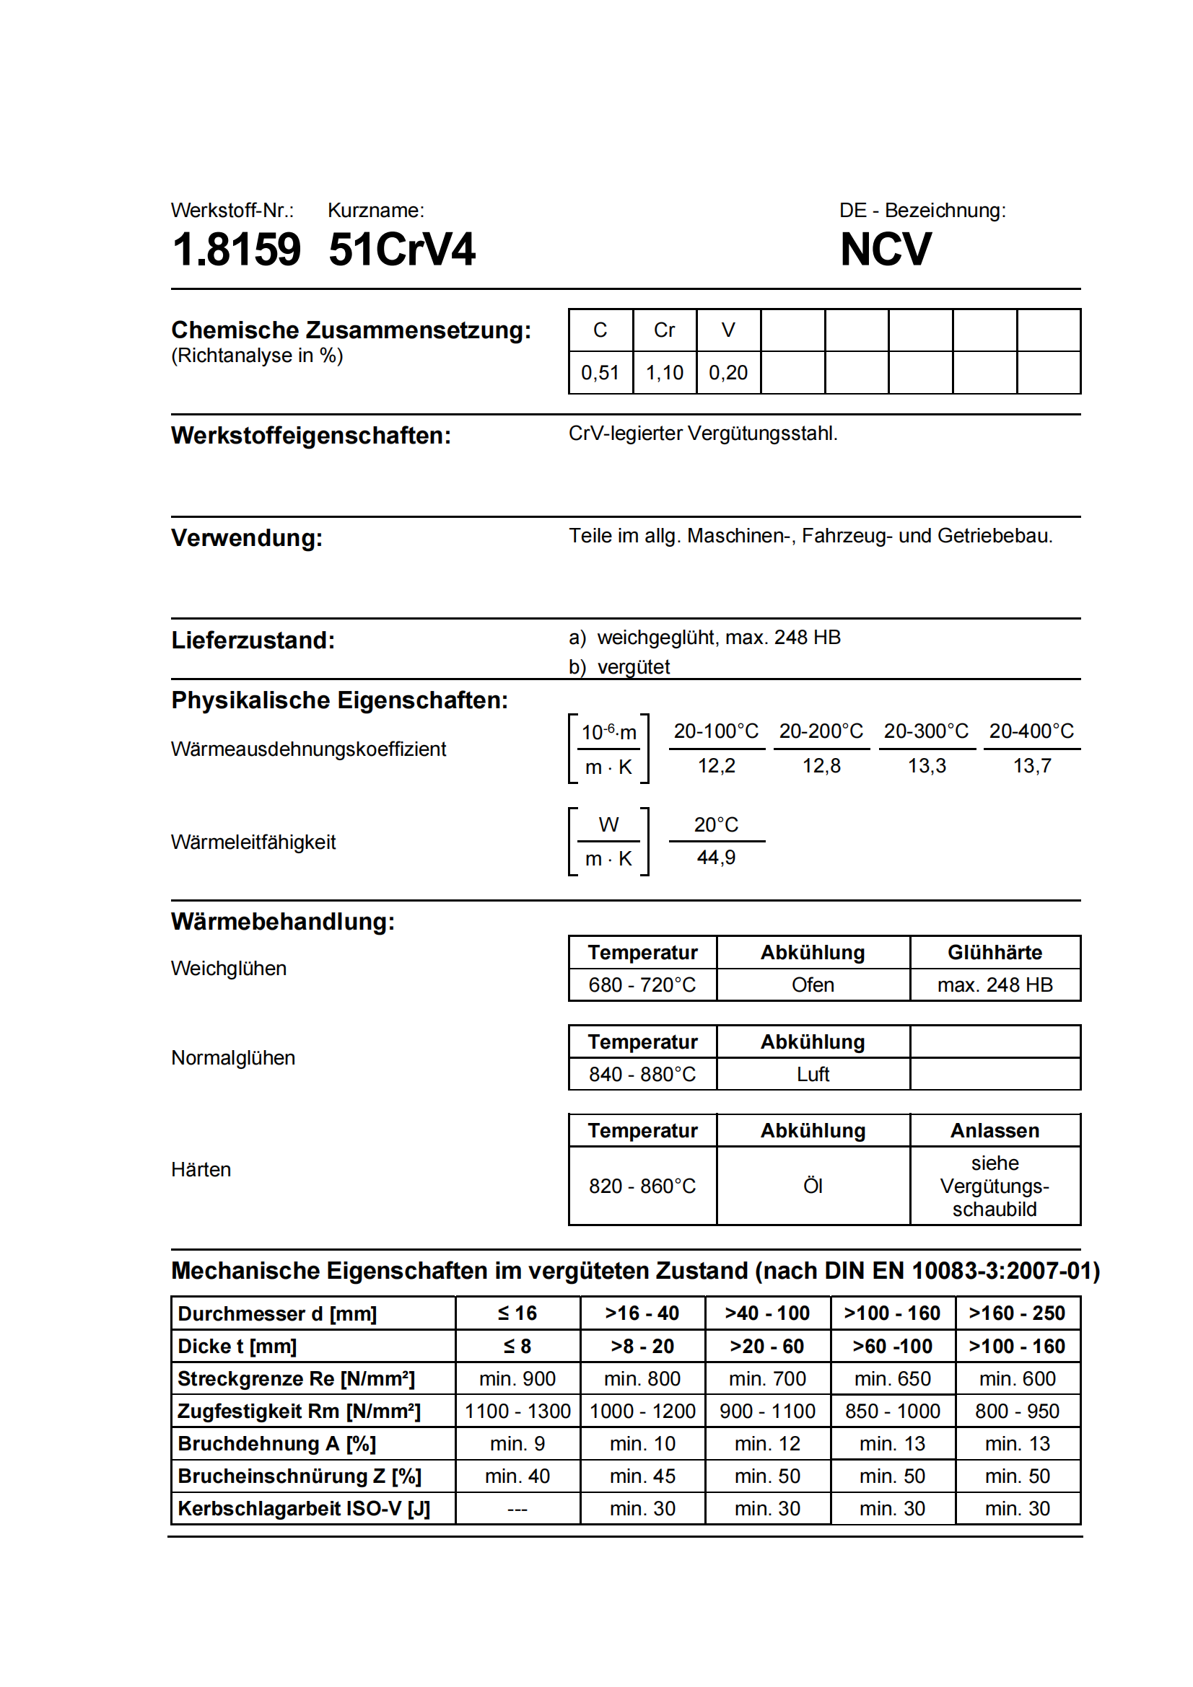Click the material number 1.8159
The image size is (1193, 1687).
[236, 249]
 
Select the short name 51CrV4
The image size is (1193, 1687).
[401, 249]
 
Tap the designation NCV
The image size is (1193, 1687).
[885, 249]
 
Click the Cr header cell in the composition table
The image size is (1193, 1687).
[664, 330]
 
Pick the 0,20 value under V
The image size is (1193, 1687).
[727, 372]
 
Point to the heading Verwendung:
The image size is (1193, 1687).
[246, 538]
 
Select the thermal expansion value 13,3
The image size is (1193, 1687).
[926, 766]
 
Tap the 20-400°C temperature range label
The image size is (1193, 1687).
[1031, 731]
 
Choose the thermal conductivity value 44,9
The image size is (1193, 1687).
[716, 858]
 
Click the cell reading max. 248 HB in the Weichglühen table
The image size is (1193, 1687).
[995, 985]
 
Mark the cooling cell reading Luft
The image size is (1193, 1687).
[812, 1074]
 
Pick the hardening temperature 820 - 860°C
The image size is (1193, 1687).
[642, 1186]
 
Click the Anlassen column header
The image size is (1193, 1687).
[995, 1130]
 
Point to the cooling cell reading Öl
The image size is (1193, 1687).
[812, 1186]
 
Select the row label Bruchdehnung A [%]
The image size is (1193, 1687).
[276, 1444]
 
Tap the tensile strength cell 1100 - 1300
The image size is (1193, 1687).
[517, 1411]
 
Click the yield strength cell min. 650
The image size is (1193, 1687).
[892, 1378]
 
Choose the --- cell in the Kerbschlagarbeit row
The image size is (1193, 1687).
[517, 1508]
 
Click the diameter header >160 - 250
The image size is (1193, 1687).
[1018, 1313]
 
